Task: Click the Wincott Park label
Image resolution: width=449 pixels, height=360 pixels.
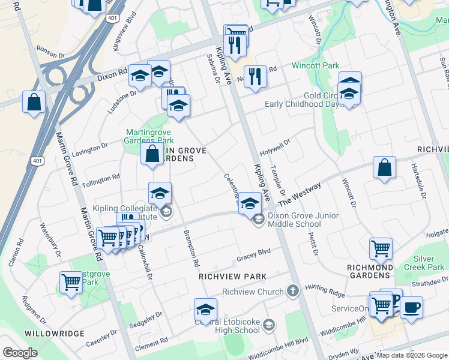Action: (x=315, y=65)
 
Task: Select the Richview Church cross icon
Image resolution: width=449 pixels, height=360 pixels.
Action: (x=293, y=292)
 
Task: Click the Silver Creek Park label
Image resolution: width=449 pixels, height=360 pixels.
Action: (x=424, y=262)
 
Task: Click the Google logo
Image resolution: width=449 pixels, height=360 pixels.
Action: (x=20, y=353)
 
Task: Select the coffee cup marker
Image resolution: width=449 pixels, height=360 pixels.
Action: (x=411, y=308)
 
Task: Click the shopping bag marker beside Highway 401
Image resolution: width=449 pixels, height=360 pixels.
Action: (x=34, y=101)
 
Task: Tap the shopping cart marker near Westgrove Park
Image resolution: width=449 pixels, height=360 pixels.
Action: (x=71, y=281)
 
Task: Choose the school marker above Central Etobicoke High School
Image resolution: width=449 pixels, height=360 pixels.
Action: (x=205, y=310)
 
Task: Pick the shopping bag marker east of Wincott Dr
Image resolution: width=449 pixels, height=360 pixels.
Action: (x=384, y=167)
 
